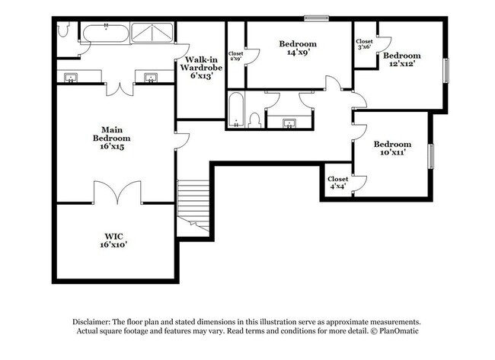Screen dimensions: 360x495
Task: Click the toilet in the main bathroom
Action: point(64,30)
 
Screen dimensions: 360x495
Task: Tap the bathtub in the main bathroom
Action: point(104,33)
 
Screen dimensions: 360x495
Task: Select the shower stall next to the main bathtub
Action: point(152,33)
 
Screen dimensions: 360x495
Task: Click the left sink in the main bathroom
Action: point(72,77)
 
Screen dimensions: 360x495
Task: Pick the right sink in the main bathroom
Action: point(149,77)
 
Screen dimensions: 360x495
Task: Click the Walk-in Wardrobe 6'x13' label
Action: point(200,68)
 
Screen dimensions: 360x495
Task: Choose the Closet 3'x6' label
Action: point(365,44)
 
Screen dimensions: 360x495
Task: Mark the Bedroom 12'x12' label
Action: point(401,60)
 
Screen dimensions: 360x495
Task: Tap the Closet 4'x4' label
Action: point(337,183)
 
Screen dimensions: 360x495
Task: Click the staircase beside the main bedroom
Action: point(193,202)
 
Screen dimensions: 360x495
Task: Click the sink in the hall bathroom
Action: point(290,122)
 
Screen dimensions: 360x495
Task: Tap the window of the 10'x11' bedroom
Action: point(431,155)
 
